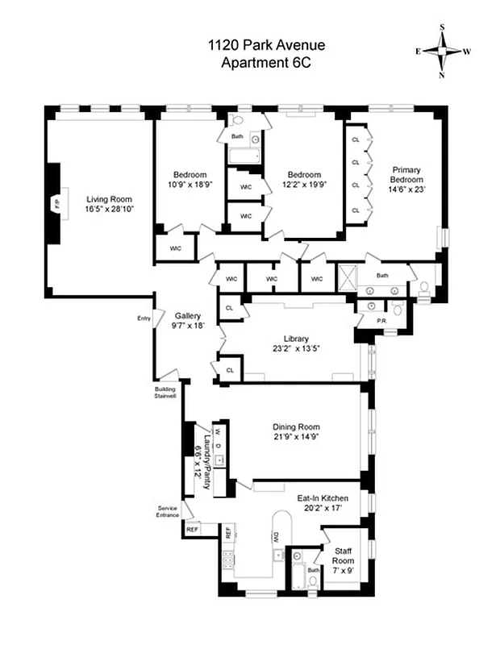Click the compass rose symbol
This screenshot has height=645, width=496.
click(x=442, y=50)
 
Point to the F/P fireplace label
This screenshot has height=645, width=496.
click(x=56, y=204)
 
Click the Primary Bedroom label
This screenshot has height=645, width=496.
click(x=407, y=174)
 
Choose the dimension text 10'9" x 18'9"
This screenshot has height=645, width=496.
click(x=190, y=185)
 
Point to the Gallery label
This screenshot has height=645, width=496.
click(x=187, y=316)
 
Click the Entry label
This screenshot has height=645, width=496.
click(x=144, y=318)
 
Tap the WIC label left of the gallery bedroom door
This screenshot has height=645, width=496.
click(x=174, y=248)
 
